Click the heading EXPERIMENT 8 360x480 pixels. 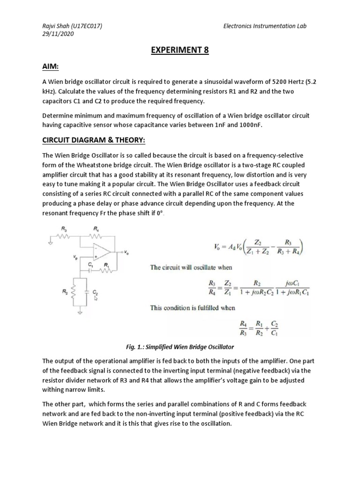180,50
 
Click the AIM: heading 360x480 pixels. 51,67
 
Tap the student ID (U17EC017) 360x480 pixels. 86,26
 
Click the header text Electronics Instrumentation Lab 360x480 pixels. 265,26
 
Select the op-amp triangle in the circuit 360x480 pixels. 99,252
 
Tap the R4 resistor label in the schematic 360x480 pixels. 96,229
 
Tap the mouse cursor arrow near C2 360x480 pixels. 96,298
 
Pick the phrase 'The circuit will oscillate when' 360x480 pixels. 191,267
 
